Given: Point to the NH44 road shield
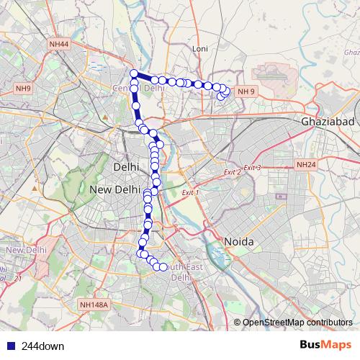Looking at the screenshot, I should click(59, 45).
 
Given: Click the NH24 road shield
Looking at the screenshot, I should click(306, 165).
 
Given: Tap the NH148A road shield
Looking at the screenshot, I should click(94, 305).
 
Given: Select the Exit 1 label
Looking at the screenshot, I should click(190, 193).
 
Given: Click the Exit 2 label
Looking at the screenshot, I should click(232, 172).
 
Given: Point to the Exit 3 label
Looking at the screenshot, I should click(251, 168).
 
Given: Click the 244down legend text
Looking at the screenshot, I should click(42, 346).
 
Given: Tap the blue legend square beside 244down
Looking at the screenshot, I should click(11, 346).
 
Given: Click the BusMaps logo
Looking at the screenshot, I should click(325, 345).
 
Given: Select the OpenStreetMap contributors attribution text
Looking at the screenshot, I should click(297, 322).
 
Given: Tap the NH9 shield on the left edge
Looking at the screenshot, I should click(24, 89).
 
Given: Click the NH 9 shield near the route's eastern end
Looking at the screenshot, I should click(246, 91).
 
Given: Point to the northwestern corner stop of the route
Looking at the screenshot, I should click(133, 73).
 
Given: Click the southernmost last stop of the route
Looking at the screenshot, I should click(163, 267).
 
